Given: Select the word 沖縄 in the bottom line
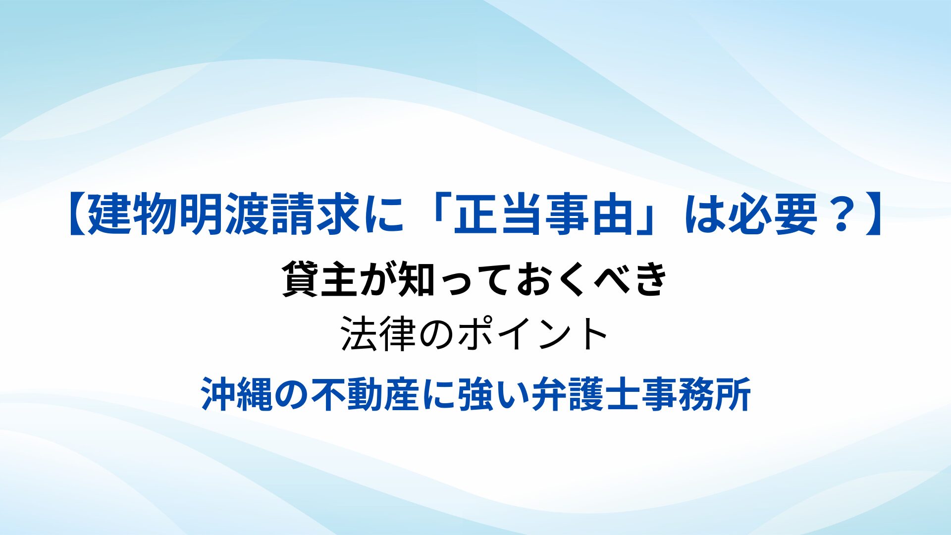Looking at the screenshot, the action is coord(237,394).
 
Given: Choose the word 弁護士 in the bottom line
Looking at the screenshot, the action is coord(586,394).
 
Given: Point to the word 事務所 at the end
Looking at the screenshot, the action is coord(696,394).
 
